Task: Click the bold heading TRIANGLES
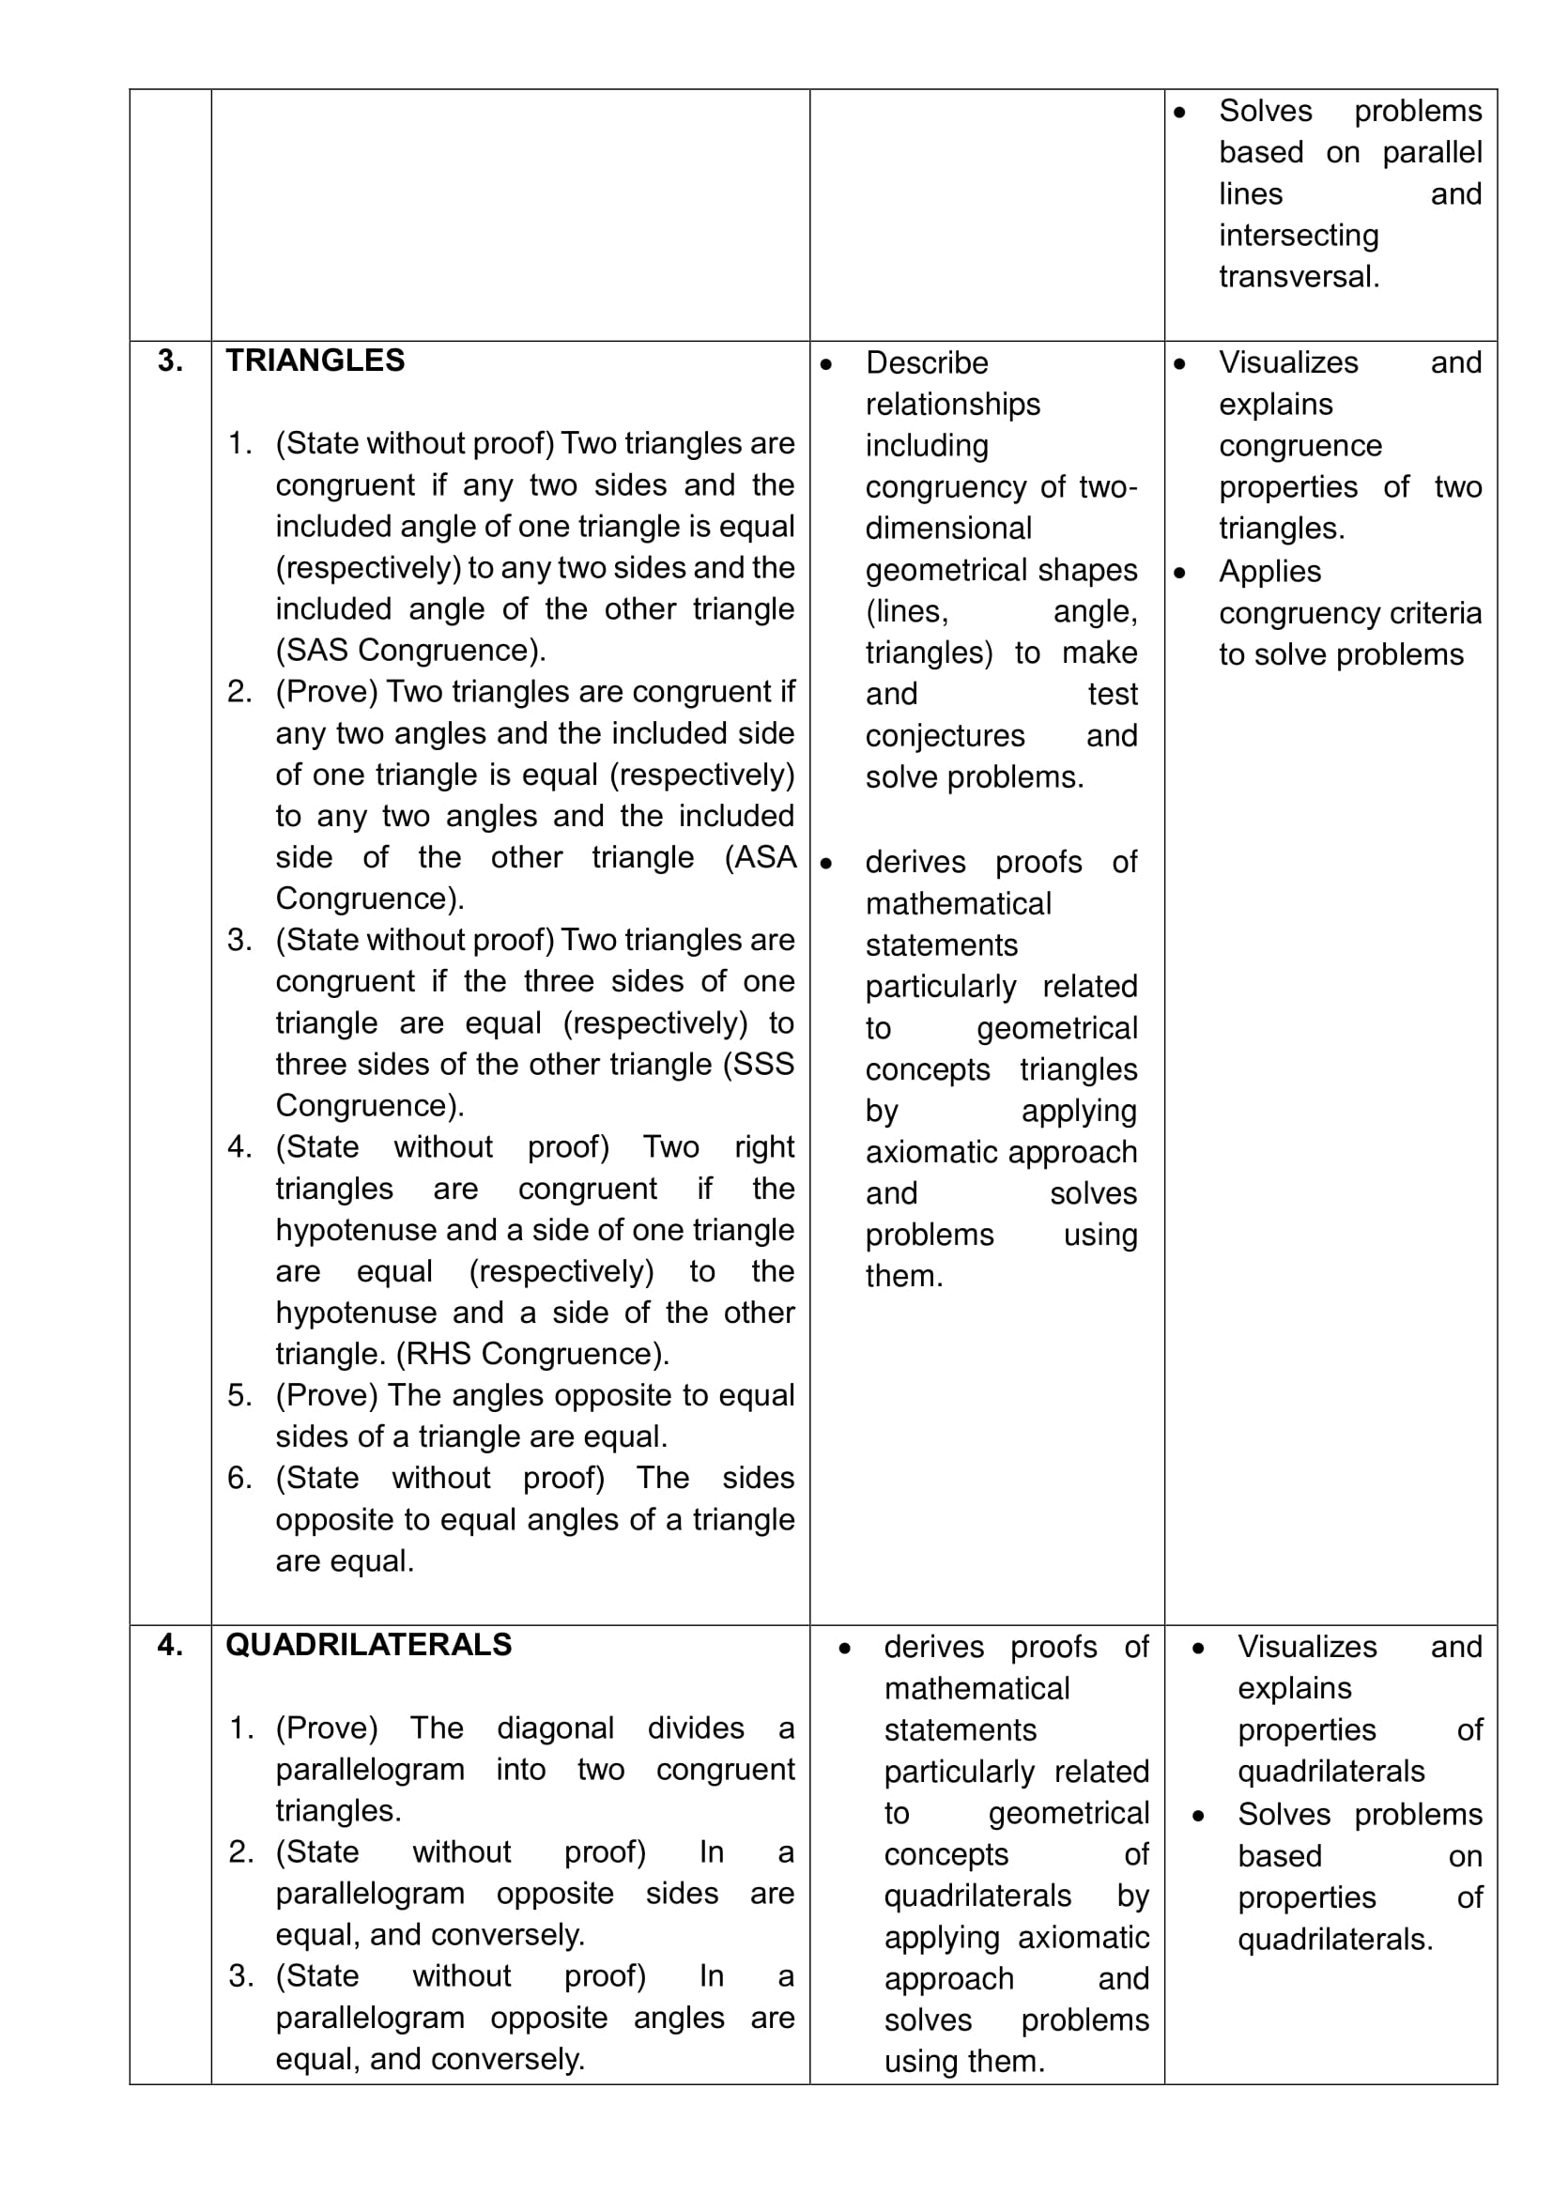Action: point(315,361)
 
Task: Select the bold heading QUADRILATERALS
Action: point(368,1645)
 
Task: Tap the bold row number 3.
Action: point(170,361)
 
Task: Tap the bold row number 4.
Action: point(170,1645)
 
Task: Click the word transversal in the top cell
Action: point(1298,276)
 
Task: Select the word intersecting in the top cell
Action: point(1298,236)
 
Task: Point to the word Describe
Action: point(926,363)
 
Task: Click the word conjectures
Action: point(945,735)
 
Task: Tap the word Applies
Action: point(1269,572)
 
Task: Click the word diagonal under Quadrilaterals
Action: point(555,1728)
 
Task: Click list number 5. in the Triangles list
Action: point(239,1395)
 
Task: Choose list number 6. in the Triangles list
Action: point(239,1478)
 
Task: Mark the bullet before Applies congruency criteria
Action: point(1180,573)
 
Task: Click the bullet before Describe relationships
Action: point(826,364)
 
